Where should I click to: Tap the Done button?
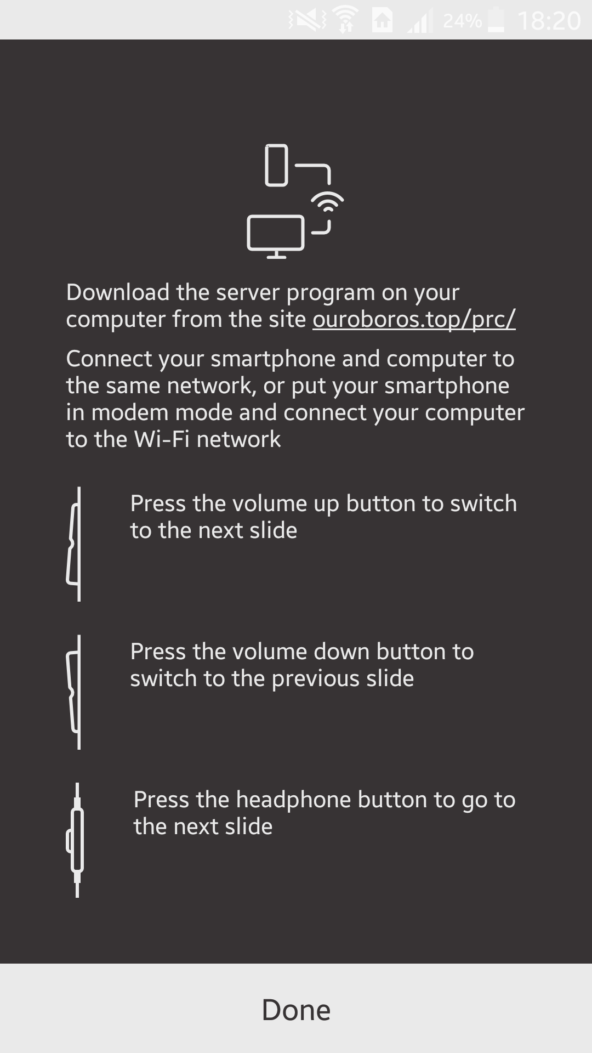[x=296, y=1010]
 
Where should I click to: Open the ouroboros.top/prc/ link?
[x=414, y=319]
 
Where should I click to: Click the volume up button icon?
[x=75, y=544]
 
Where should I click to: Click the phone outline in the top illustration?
[x=277, y=165]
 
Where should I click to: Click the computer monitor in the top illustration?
[x=276, y=235]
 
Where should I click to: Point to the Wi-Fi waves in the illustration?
[x=328, y=201]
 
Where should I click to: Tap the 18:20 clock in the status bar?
[x=549, y=21]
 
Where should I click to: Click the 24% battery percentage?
[x=462, y=21]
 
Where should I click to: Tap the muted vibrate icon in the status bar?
[x=307, y=21]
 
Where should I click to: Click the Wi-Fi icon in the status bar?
[x=345, y=21]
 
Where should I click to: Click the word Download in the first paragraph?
[x=117, y=292]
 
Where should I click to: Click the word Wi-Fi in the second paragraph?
[x=162, y=439]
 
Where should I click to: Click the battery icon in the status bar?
[x=496, y=20]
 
